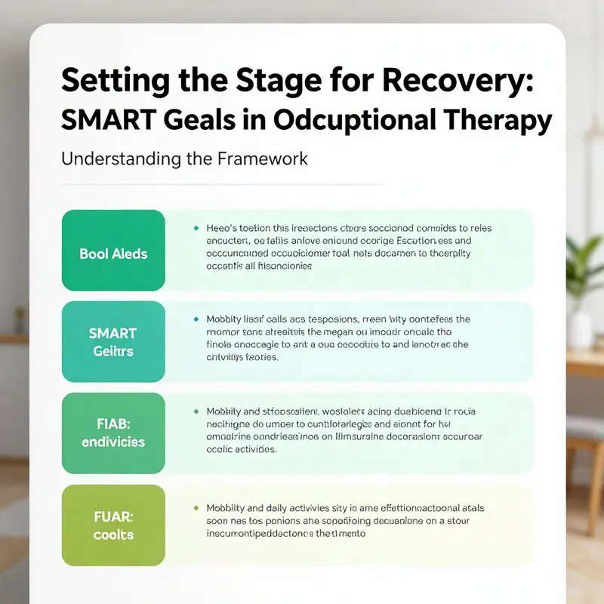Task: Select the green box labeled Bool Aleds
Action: [x=112, y=254]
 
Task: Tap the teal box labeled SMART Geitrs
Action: [x=112, y=342]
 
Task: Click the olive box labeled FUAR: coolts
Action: [x=112, y=525]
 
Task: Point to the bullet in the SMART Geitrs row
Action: [x=196, y=319]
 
